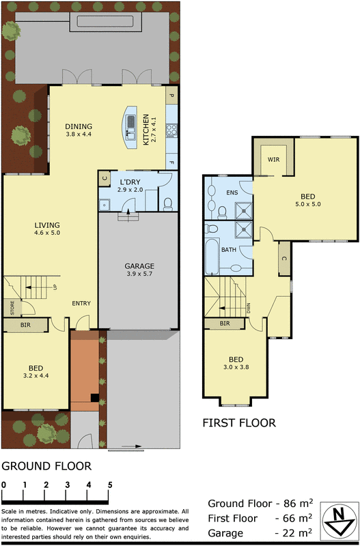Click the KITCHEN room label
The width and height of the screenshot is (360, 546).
tap(146, 130)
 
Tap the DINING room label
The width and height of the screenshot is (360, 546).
tap(79, 126)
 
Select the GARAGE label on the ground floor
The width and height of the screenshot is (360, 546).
tap(139, 266)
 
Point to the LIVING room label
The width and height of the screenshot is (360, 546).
tap(48, 225)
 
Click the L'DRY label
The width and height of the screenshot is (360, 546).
tap(130, 182)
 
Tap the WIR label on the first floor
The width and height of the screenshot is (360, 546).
tap(274, 159)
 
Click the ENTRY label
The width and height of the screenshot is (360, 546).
tap(81, 303)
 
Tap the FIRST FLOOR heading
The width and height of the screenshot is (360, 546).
tap(239, 423)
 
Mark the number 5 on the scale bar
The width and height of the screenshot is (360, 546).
tap(109, 485)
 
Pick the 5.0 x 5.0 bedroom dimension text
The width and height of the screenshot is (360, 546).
tap(307, 203)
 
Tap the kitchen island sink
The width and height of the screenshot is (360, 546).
tap(130, 124)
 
